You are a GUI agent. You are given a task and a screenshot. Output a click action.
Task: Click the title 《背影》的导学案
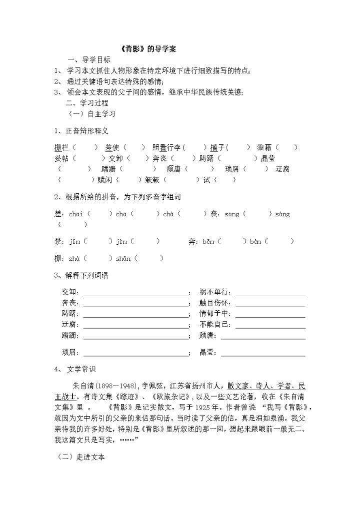[149, 49]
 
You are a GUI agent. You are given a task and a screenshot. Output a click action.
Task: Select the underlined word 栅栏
[61, 147]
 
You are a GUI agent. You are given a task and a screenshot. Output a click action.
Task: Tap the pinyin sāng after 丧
[231, 214]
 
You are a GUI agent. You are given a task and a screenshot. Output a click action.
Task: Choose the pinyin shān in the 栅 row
[122, 258]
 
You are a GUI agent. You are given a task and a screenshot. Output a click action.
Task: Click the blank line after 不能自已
[270, 327]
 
